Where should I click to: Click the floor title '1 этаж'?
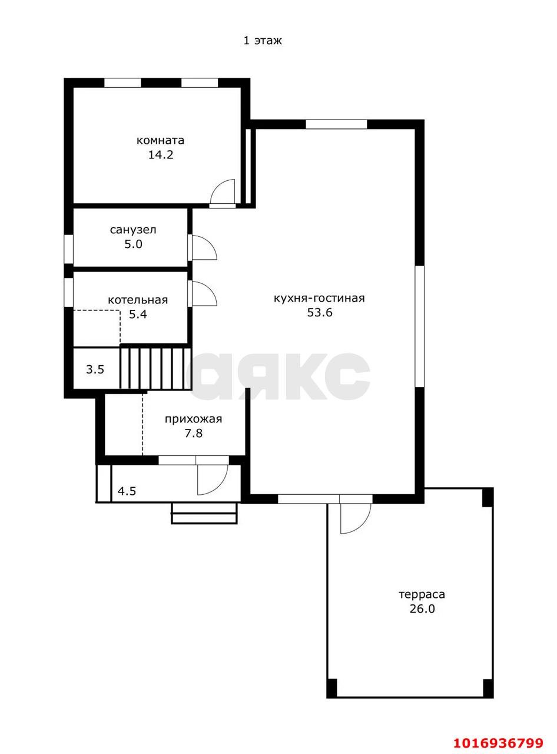pyautogui.click(x=263, y=41)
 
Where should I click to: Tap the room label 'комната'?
pyautogui.click(x=160, y=140)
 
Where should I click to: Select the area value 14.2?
pyautogui.click(x=160, y=155)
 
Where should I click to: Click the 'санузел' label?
pyautogui.click(x=133, y=230)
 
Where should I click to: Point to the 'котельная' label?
pyautogui.click(x=138, y=300)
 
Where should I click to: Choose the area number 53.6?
pyautogui.click(x=320, y=312)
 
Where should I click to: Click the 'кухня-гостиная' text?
pyautogui.click(x=320, y=298)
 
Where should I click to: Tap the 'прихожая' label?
pyautogui.click(x=193, y=419)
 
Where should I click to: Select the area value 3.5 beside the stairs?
pyautogui.click(x=95, y=369)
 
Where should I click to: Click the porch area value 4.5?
pyautogui.click(x=127, y=491)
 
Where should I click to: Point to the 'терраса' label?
pyautogui.click(x=422, y=594)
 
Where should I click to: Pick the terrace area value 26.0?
pyautogui.click(x=422, y=609)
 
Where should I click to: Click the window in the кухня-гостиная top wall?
pyautogui.click(x=336, y=124)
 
